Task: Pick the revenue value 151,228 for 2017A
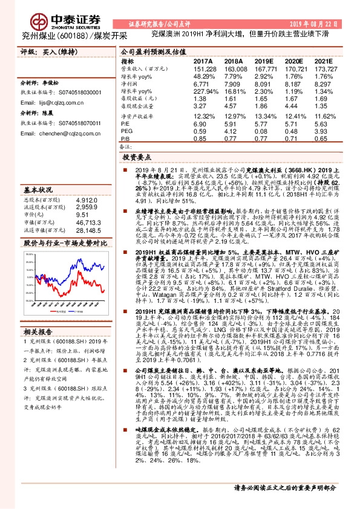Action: [205, 69]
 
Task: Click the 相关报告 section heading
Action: [37, 314]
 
